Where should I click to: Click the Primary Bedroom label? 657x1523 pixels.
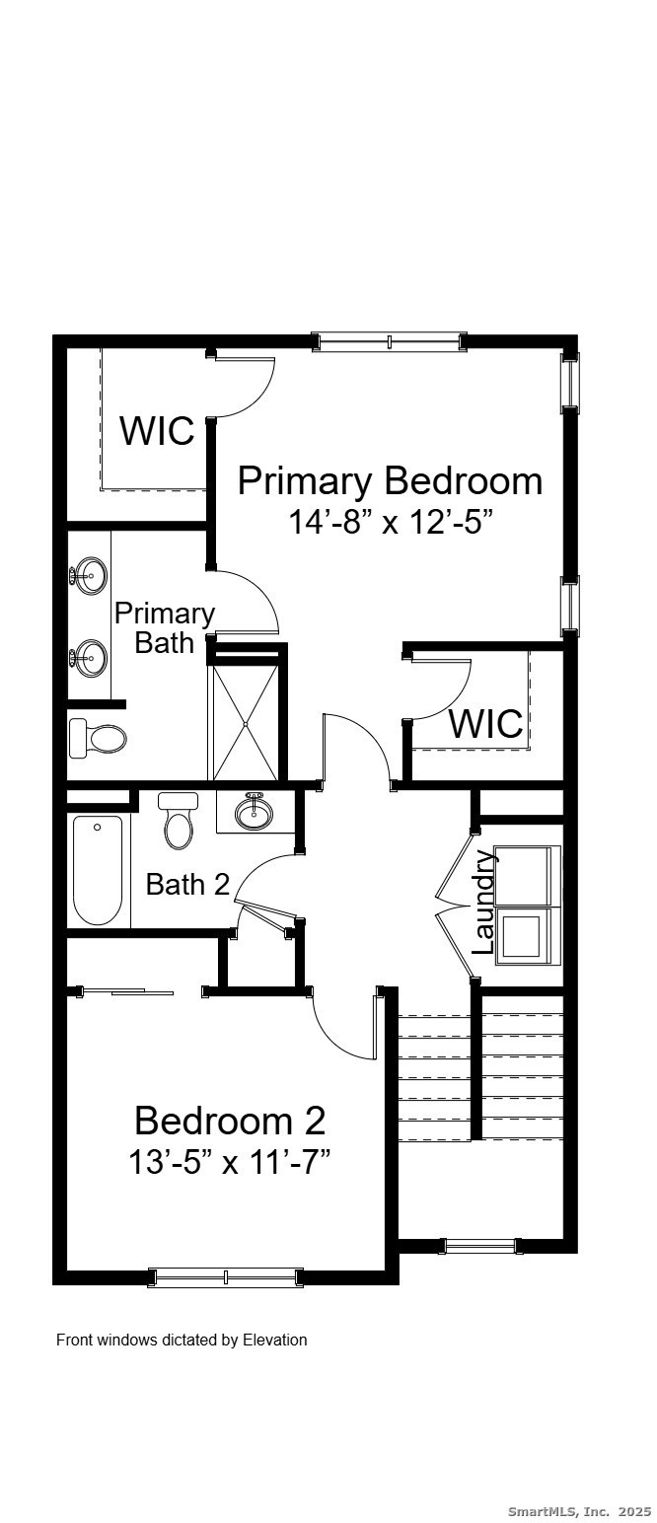[x=390, y=481]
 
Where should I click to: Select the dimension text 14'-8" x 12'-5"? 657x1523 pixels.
[x=390, y=521]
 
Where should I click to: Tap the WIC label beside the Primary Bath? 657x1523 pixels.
[x=157, y=431]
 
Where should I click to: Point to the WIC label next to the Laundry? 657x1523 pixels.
[x=485, y=723]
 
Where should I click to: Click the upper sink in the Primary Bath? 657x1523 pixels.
[x=90, y=574]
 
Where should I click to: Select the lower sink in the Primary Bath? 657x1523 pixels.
[x=90, y=655]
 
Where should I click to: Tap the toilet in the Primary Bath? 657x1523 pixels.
[x=98, y=738]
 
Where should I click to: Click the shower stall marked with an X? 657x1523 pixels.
[x=243, y=715]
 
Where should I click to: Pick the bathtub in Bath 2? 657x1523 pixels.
[x=98, y=869]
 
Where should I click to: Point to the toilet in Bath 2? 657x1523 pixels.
[x=179, y=822]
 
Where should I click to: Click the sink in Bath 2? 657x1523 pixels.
[x=255, y=812]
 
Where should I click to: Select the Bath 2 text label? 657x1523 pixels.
[x=187, y=884]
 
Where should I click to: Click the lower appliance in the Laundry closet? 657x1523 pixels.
[x=522, y=935]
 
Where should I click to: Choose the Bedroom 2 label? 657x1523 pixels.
[x=230, y=1121]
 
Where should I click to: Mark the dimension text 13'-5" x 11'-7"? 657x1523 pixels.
[x=229, y=1162]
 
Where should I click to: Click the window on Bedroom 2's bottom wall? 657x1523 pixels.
[x=225, y=1277]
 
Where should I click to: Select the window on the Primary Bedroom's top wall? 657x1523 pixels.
[x=389, y=342]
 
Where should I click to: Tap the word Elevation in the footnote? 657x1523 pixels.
[x=275, y=1340]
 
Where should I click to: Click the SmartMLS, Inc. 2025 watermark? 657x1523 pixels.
[x=579, y=1510]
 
